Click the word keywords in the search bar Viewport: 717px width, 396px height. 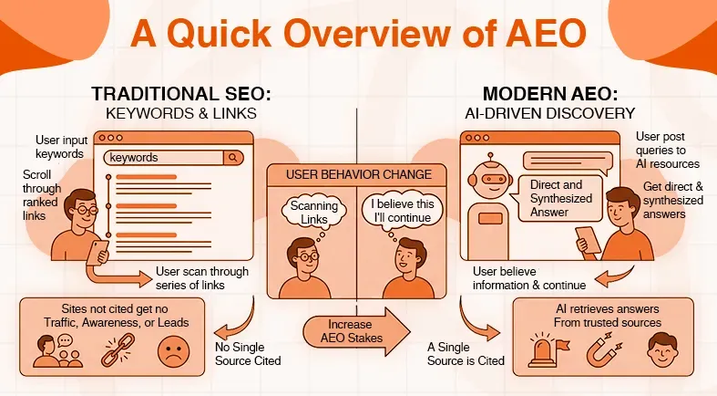pyautogui.click(x=134, y=158)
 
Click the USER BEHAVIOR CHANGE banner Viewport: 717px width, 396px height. pyautogui.click(x=358, y=174)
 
